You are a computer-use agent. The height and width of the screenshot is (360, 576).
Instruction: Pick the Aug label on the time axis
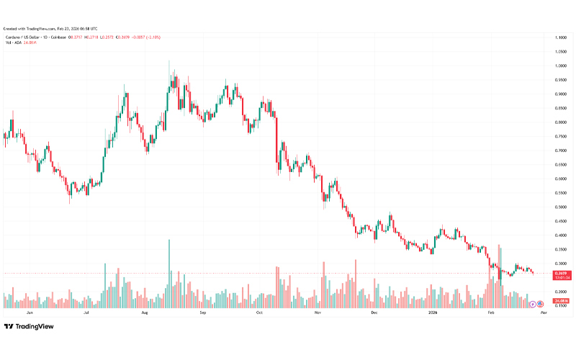145,313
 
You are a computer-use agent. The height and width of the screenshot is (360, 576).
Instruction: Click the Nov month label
317,313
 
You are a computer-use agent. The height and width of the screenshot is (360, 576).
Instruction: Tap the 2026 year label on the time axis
433,313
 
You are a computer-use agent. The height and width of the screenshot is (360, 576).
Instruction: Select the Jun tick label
30,313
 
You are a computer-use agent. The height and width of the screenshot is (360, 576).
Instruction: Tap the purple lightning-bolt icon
532,306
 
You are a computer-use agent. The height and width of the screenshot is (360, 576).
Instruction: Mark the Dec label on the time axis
374,313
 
